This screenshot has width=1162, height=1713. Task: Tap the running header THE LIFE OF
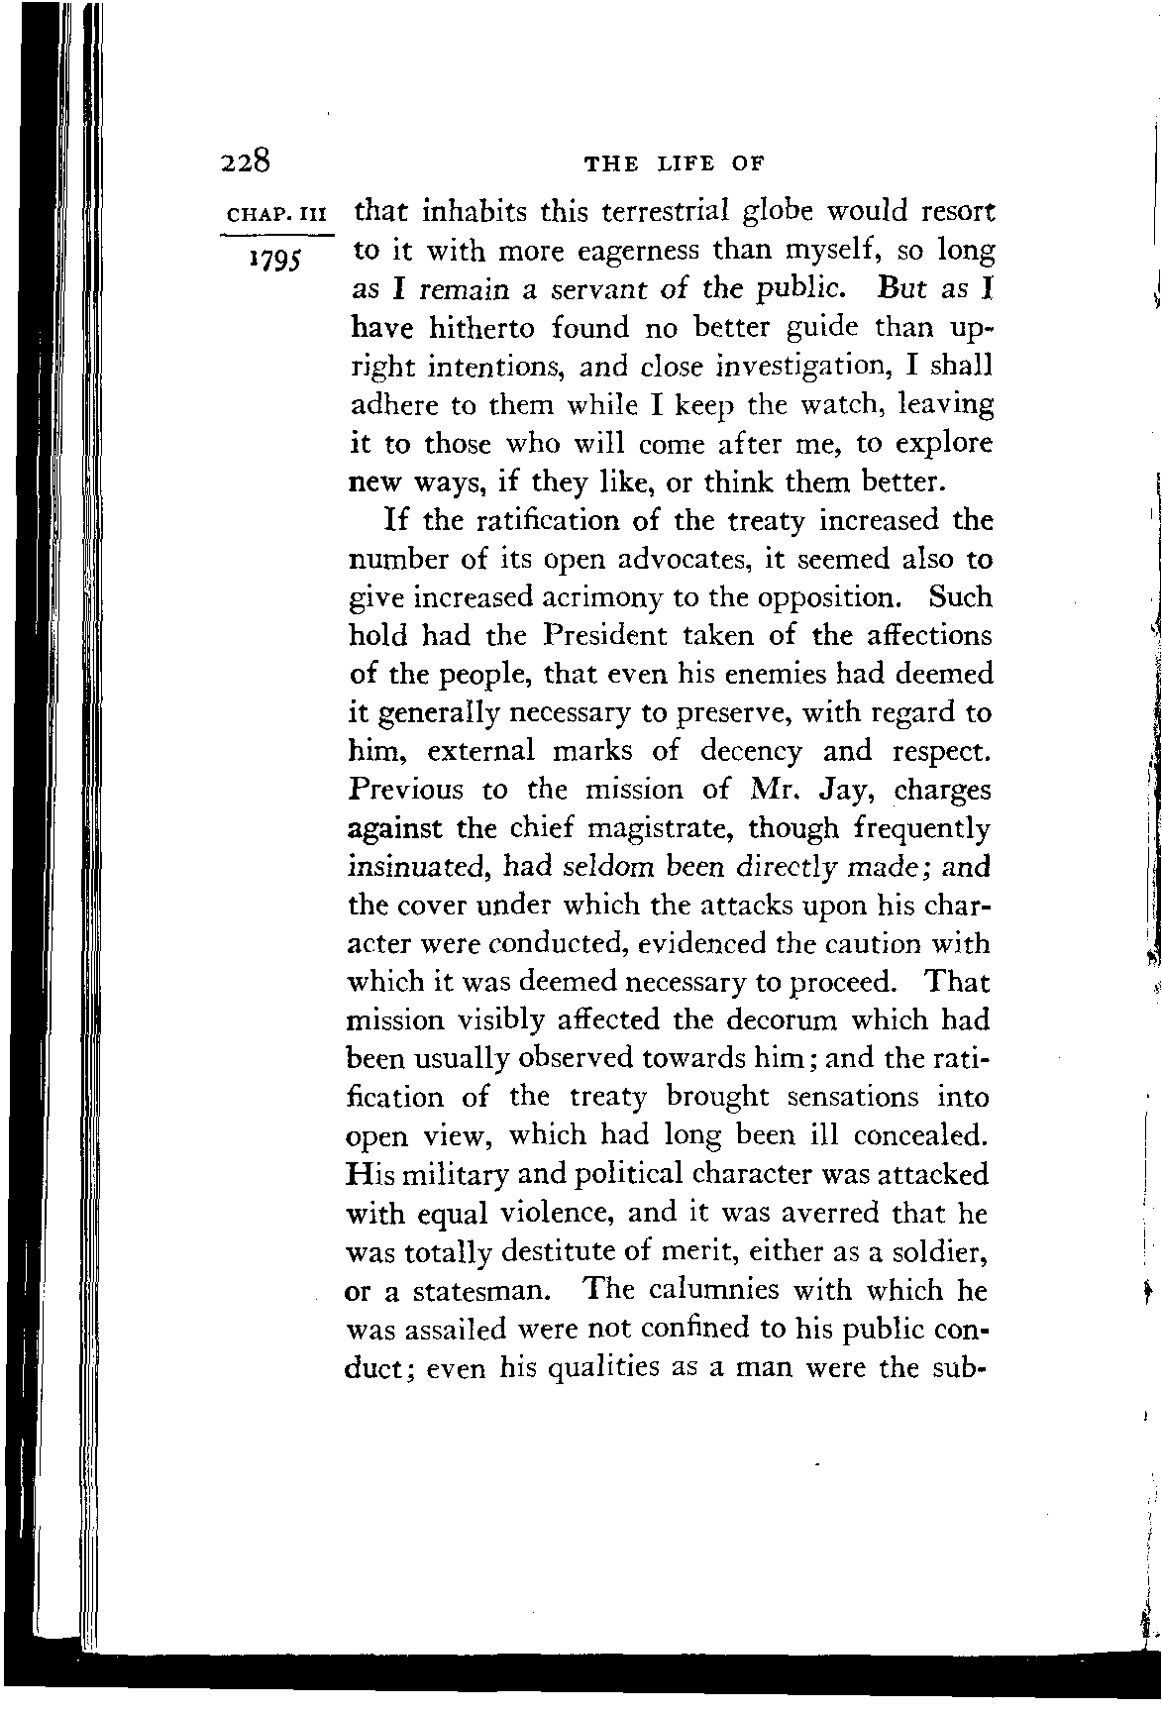(678, 164)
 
